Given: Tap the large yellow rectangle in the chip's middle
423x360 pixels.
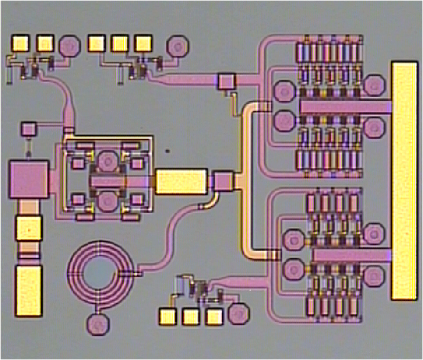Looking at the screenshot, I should click(x=181, y=181).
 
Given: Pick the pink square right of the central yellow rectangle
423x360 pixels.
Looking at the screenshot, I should click(x=223, y=181).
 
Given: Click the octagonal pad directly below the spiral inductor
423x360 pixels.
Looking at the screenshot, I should click(x=96, y=323).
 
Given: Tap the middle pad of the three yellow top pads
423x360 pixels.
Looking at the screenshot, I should click(x=120, y=43).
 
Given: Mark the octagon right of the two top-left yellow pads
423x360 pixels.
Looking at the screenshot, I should click(x=70, y=45).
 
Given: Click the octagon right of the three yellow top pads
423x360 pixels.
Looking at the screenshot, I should click(x=176, y=46).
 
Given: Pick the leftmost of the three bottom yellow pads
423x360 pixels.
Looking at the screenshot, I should click(x=167, y=316).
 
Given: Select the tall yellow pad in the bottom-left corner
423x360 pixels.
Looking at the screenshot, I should click(x=28, y=290).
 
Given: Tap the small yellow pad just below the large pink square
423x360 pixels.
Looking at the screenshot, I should click(x=28, y=227).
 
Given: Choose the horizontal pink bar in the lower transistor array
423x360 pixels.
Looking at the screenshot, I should click(x=350, y=254).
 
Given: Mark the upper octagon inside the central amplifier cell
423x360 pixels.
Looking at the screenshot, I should click(x=107, y=160).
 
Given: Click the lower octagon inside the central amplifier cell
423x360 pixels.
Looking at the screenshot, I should click(x=107, y=201).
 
